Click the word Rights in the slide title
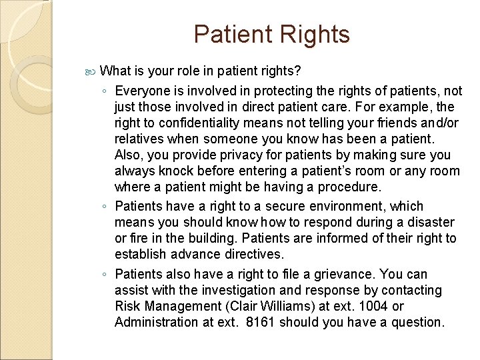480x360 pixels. click(x=314, y=35)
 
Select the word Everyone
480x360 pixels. click(x=143, y=91)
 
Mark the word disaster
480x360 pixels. click(x=430, y=222)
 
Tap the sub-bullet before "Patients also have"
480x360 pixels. click(x=105, y=275)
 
